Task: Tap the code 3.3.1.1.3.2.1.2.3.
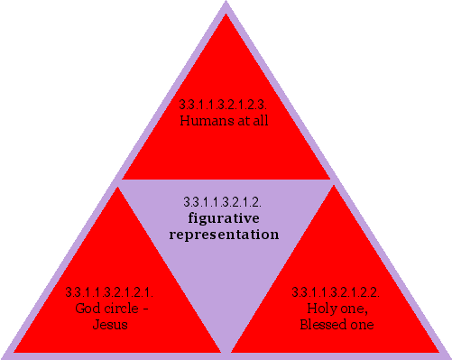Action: click(226, 104)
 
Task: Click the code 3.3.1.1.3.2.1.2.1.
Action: click(110, 291)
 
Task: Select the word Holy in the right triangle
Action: click(322, 307)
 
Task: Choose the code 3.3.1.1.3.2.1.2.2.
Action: click(336, 291)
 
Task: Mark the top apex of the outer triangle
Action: click(226, 4)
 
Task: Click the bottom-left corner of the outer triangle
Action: click(4, 355)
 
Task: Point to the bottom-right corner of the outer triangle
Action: click(447, 355)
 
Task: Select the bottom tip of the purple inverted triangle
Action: click(226, 350)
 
